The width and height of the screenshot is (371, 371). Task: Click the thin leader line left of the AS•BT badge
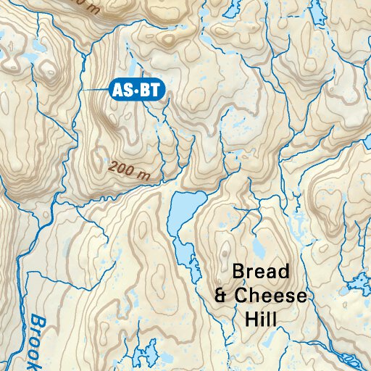point(94,90)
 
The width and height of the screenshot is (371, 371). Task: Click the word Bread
point(261,272)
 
